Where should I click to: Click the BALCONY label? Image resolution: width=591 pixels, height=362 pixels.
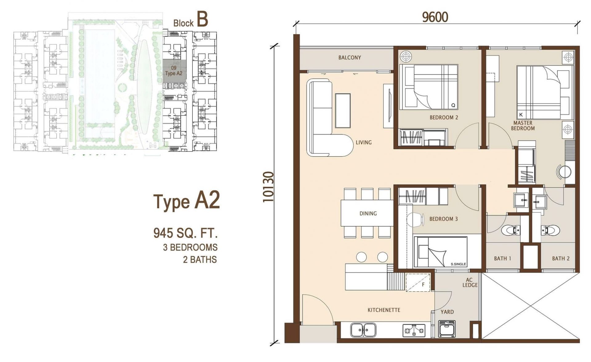(349, 58)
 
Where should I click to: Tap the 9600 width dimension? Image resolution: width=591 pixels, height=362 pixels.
(435, 17)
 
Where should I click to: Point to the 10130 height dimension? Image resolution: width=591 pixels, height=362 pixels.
(268, 187)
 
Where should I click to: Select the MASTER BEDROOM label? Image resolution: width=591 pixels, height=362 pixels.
(523, 126)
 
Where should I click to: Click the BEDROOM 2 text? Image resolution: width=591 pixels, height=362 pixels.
(444, 117)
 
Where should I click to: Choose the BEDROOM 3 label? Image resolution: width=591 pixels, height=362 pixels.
(443, 219)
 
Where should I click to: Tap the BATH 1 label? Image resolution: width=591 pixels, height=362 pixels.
(502, 258)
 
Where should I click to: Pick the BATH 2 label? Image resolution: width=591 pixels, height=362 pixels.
(561, 258)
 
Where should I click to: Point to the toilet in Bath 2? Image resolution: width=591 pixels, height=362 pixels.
(551, 230)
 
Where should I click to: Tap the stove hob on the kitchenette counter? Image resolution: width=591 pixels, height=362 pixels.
(414, 331)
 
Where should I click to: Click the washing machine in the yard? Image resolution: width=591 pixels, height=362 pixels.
(447, 329)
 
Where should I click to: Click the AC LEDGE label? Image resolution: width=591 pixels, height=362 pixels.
(470, 283)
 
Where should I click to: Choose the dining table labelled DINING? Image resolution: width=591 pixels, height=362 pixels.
(367, 213)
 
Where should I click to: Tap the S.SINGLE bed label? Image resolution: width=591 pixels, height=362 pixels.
(458, 264)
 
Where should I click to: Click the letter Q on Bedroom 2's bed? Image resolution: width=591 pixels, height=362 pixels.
(453, 105)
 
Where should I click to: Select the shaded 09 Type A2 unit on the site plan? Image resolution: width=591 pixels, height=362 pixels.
(174, 71)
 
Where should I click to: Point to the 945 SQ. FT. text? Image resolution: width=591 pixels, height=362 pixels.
(186, 233)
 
